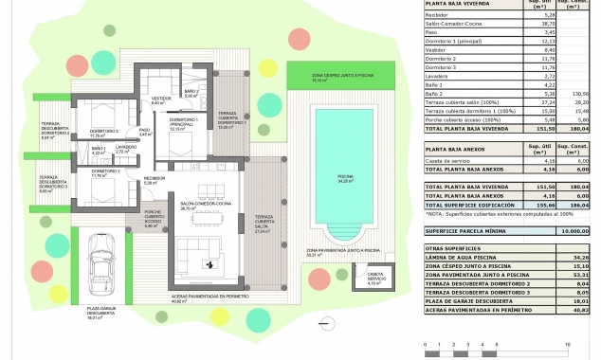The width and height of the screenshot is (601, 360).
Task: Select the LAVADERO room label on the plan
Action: click(127, 148)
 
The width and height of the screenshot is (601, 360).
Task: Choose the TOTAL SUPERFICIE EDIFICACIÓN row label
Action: click(471, 205)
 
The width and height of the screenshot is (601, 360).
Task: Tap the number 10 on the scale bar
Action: click(566, 344)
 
